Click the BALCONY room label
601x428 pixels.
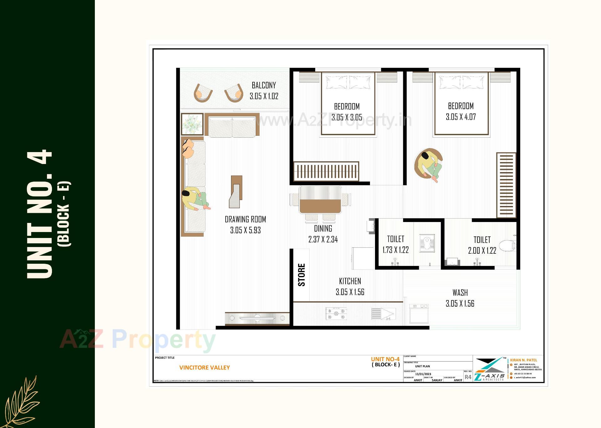(x=264, y=85)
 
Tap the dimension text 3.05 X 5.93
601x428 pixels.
(x=245, y=230)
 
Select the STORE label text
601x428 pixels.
(x=301, y=275)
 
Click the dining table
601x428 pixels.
(x=320, y=200)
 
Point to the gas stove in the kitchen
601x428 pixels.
(x=336, y=314)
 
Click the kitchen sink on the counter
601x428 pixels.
(x=383, y=314)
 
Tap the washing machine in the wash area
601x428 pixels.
(x=419, y=314)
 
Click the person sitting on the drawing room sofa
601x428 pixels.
(x=195, y=199)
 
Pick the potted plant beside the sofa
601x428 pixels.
(x=192, y=124)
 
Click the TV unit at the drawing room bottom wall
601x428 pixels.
(x=257, y=318)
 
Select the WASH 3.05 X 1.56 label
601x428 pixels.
(x=460, y=298)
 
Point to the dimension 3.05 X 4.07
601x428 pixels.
(x=460, y=117)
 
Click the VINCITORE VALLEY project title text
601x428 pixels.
(x=204, y=367)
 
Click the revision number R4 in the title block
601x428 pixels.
(x=468, y=377)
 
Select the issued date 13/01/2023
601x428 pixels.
(x=423, y=374)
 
